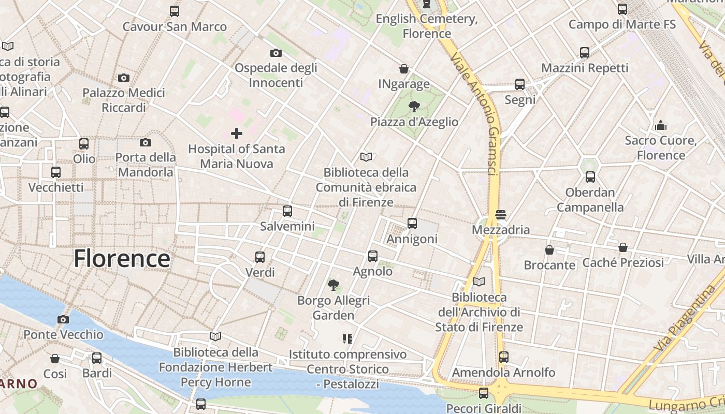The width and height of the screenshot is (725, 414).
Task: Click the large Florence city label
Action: tap(122, 258)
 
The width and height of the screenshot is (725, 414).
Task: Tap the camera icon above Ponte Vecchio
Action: tap(63, 319)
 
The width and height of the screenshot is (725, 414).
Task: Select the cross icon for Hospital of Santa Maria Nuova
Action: tap(237, 134)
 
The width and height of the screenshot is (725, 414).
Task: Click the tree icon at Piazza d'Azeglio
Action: tap(414, 107)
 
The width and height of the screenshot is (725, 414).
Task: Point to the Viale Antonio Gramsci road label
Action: tap(475, 114)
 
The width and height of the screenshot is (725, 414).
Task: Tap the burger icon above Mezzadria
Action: tap(500, 214)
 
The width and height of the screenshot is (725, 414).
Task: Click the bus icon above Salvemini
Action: tap(287, 211)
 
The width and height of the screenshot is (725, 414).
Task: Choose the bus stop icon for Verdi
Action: tap(260, 257)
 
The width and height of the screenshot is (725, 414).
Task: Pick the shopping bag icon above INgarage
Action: tap(404, 69)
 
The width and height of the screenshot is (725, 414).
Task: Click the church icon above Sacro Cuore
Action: tap(660, 125)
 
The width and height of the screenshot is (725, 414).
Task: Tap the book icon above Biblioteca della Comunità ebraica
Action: tap(366, 157)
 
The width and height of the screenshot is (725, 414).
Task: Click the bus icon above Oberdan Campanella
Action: tap(590, 177)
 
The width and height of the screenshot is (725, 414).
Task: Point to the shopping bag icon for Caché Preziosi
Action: tap(623, 247)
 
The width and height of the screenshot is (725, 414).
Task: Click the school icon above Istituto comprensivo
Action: tap(347, 339)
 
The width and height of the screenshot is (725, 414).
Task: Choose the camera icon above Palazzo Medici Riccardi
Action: tap(124, 78)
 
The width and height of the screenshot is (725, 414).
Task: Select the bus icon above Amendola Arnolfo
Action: tap(503, 357)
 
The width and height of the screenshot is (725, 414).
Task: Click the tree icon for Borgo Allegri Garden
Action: tap(334, 285)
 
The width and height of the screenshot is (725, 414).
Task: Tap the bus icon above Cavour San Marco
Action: tap(175, 11)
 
